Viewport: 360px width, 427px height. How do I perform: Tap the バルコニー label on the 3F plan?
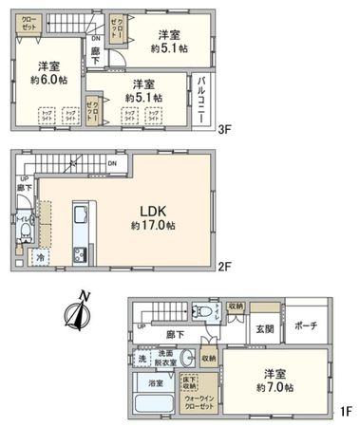click(204, 98)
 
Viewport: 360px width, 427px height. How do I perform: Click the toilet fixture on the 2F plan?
click(25, 230)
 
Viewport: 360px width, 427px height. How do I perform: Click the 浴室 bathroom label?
click(155, 384)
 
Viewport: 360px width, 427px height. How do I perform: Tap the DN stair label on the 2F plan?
click(112, 164)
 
